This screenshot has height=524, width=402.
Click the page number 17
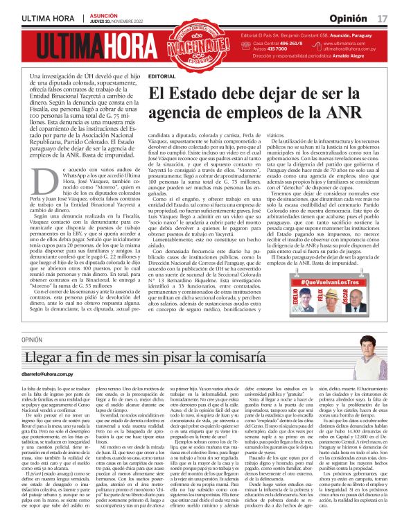[382, 17]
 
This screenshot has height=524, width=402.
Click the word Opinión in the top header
[349, 17]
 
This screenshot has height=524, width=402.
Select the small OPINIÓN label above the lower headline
[32, 340]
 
